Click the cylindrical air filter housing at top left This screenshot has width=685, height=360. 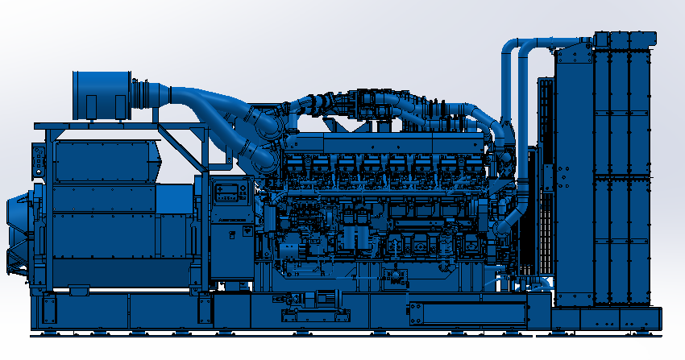click(101, 94)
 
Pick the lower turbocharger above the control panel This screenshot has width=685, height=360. click(264, 159)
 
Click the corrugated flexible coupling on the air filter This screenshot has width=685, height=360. click(143, 93)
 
